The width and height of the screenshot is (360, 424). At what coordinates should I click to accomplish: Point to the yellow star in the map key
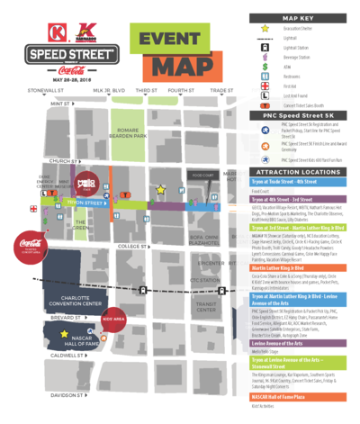pyautogui.click(x=265, y=28)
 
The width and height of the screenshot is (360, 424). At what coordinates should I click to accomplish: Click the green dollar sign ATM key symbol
pyautogui.click(x=265, y=66)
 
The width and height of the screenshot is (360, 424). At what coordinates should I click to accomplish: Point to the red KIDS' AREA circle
pyautogui.click(x=112, y=319)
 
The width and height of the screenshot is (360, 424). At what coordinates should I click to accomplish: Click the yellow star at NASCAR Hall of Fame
pyautogui.click(x=64, y=334)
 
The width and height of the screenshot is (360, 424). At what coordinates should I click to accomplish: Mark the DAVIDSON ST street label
pyautogui.click(x=69, y=394)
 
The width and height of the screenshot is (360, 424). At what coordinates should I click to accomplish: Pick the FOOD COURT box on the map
pyautogui.click(x=203, y=176)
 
